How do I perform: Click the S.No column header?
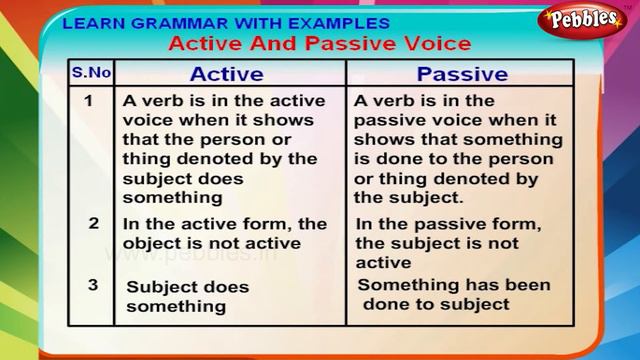click(91, 73)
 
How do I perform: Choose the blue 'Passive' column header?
click(461, 74)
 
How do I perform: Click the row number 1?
click(89, 101)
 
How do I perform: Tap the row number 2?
click(93, 223)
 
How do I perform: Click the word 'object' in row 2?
click(151, 242)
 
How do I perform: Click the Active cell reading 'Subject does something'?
click(187, 296)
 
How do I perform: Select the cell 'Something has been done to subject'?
click(454, 295)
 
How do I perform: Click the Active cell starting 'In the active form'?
click(224, 233)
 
